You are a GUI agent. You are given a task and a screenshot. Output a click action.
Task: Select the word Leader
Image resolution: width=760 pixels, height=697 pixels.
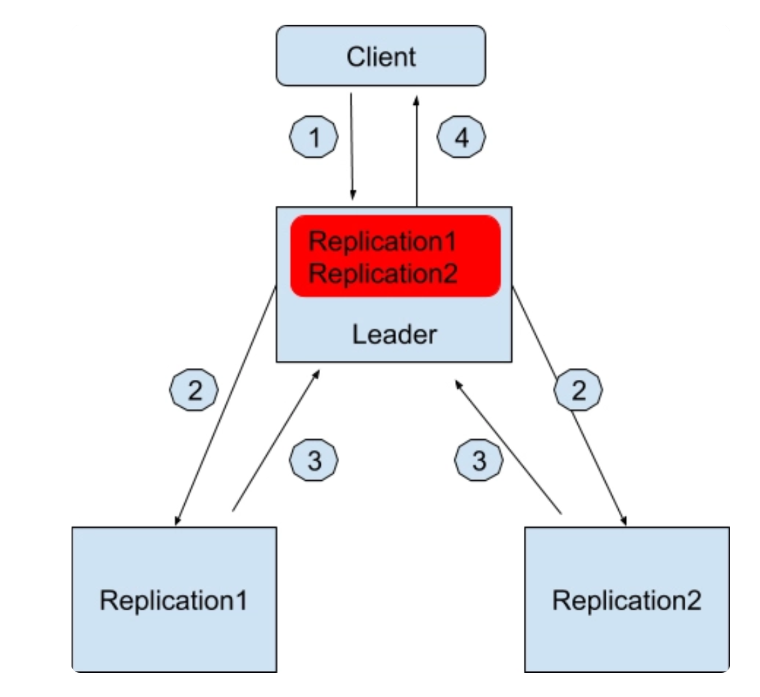(x=394, y=334)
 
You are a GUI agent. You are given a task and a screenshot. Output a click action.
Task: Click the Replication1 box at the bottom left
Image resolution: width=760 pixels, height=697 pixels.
(x=174, y=599)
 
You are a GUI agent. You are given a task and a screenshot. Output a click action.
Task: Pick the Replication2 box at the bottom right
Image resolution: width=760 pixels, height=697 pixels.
(x=627, y=599)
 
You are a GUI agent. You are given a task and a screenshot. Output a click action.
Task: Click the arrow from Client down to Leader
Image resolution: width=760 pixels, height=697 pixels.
(x=352, y=147)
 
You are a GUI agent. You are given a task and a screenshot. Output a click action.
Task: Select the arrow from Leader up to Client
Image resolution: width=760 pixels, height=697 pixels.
(x=416, y=150)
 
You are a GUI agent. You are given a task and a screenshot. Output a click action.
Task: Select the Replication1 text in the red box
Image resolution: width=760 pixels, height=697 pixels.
(x=383, y=241)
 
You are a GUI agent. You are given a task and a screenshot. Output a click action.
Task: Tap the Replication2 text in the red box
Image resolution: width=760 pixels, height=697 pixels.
(x=383, y=273)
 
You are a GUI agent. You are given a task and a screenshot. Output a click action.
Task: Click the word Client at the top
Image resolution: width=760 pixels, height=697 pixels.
(x=381, y=56)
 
